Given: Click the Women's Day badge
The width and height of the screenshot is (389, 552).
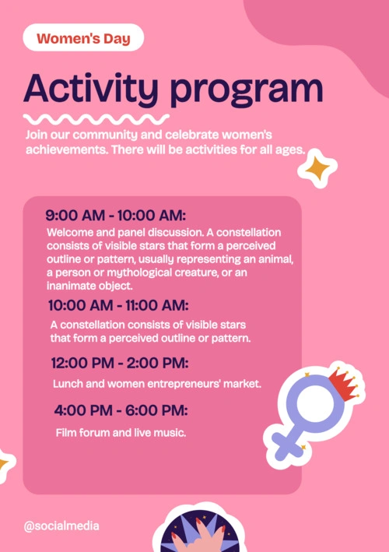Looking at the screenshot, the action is coord(83,37).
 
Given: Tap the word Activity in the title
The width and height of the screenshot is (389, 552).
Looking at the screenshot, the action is coord(91,89).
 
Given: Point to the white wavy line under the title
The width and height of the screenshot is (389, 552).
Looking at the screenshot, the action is coord(96,119).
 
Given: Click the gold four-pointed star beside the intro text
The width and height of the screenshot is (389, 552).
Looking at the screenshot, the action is coord(317,168).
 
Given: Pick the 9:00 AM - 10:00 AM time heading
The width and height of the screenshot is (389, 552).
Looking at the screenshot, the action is coord(116,215).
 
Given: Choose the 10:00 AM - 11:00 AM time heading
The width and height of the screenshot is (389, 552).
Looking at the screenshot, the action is coord(118,305).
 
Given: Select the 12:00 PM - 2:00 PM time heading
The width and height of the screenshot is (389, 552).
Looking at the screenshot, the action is coord(120,363).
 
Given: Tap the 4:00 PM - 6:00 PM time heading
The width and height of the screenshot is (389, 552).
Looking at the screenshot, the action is coord(121,410).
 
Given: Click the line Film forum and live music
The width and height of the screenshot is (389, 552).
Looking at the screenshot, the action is coord(121,432).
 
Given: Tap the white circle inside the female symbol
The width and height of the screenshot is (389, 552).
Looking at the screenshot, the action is coord(315,403).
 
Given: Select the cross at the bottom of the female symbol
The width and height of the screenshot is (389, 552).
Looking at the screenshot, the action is coord(288,445).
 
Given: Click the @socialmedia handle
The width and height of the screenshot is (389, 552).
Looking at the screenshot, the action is coord(61,526).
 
